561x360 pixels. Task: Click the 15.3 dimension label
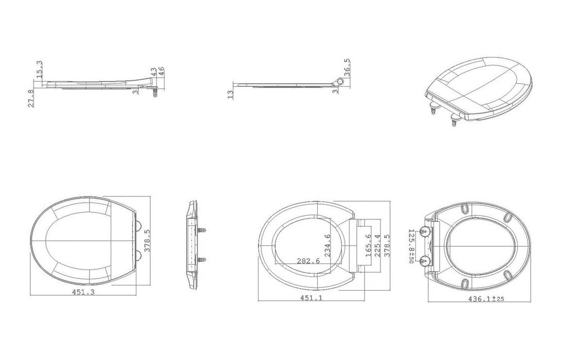(40, 69)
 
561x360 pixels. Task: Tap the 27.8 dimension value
(31, 98)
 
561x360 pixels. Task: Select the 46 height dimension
(161, 71)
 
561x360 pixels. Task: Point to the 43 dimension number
(153, 72)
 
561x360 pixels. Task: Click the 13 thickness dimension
(230, 95)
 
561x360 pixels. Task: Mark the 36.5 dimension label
(347, 68)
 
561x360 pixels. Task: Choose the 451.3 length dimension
(83, 292)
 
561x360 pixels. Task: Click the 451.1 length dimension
(311, 298)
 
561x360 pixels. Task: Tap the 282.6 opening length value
(309, 261)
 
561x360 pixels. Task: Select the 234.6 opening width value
(327, 245)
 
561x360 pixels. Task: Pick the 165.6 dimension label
(369, 245)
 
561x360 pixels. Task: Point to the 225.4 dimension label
(377, 245)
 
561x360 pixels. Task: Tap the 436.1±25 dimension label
(486, 299)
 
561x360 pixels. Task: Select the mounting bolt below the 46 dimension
(155, 93)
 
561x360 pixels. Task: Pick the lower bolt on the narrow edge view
(202, 259)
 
